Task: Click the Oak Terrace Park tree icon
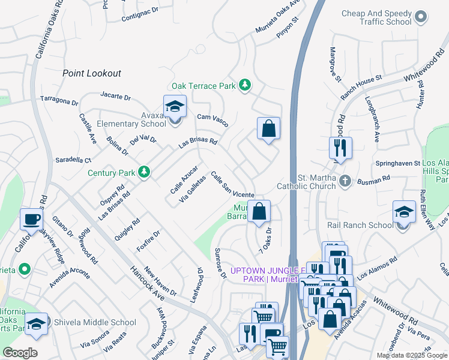(244, 86)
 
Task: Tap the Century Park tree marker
(144, 173)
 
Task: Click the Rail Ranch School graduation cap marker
(404, 212)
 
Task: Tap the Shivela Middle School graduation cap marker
(36, 323)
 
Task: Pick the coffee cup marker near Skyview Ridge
(31, 219)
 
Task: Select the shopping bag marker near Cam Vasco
(268, 128)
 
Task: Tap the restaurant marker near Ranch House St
(340, 148)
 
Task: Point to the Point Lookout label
(92, 73)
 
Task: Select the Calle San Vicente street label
(232, 185)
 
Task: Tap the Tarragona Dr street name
(59, 100)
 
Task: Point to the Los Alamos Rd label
(378, 270)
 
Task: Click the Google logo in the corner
(20, 352)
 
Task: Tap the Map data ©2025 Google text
(412, 355)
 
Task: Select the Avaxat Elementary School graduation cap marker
(175, 106)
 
